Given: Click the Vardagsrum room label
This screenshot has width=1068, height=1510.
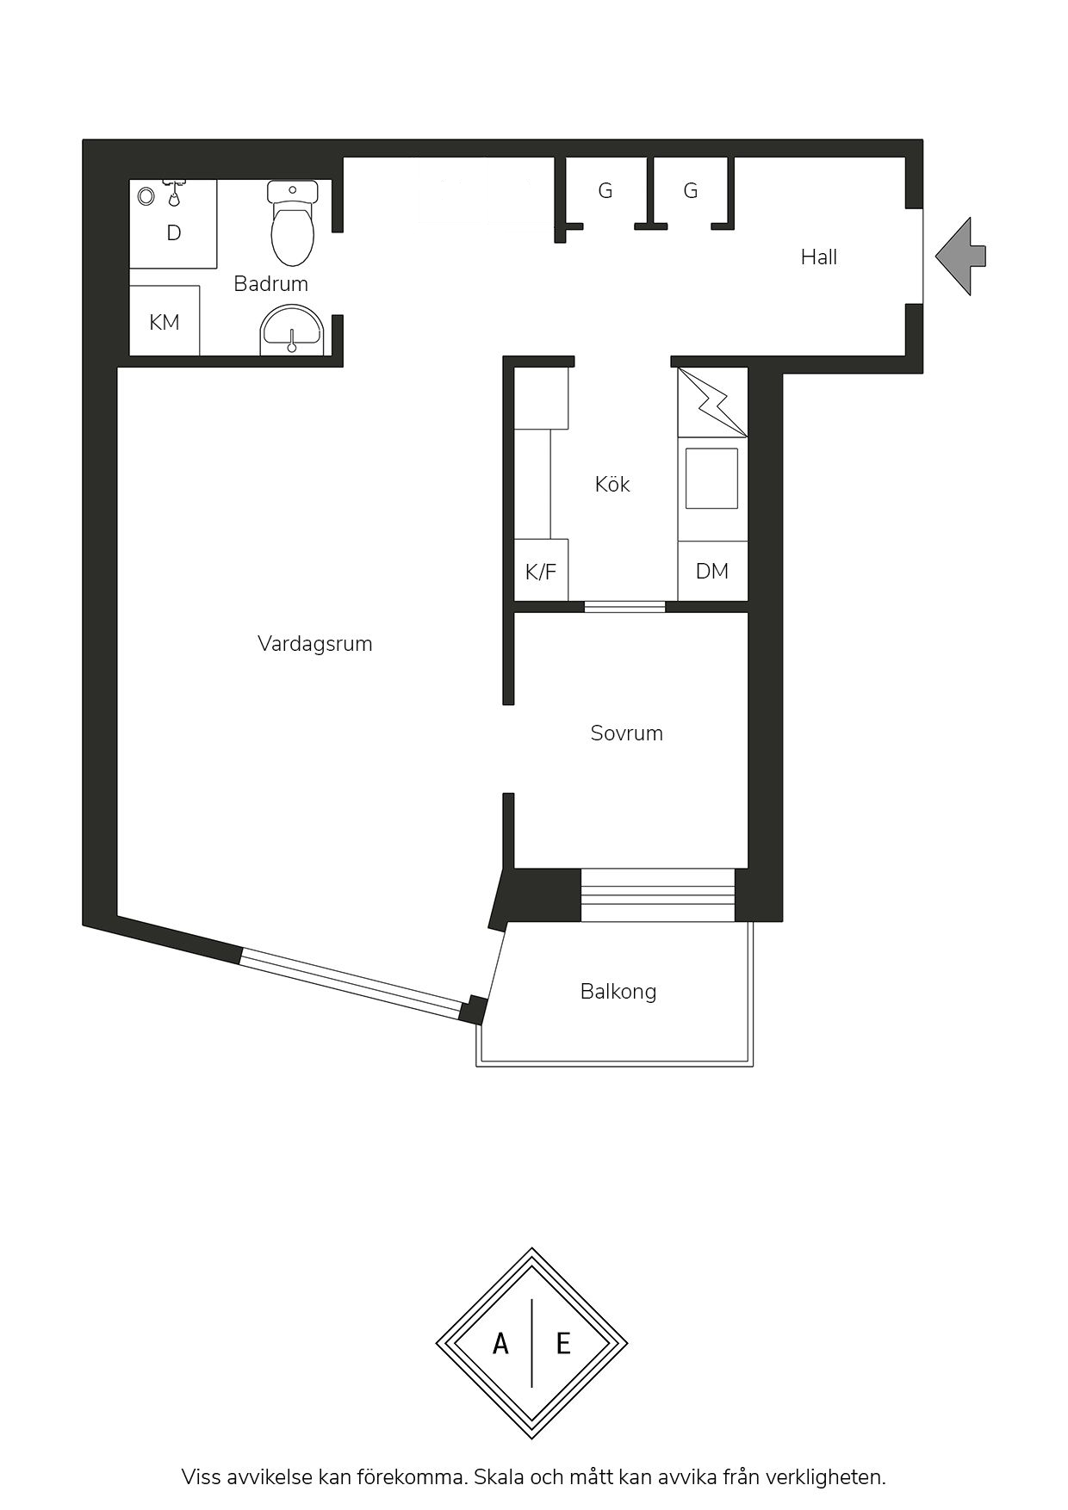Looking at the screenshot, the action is click(314, 644).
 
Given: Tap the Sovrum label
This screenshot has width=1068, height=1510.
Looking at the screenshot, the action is click(626, 733).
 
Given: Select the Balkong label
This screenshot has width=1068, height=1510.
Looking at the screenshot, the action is click(618, 992).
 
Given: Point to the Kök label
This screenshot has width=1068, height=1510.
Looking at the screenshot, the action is click(612, 485).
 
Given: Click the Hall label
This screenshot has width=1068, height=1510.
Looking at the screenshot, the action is click(819, 257).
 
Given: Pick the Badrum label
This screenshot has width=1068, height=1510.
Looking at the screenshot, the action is click(270, 283).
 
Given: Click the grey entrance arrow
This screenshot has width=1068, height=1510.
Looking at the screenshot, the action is click(960, 257).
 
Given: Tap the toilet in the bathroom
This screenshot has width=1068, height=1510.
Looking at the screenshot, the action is click(293, 222).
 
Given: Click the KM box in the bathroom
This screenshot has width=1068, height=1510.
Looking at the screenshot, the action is click(165, 320).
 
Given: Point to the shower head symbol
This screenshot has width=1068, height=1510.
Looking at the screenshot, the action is click(175, 193).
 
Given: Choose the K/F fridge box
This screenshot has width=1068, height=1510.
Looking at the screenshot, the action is click(541, 570).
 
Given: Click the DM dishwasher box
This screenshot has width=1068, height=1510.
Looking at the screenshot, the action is click(712, 570).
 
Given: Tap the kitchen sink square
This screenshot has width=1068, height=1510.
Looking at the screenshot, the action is click(711, 478).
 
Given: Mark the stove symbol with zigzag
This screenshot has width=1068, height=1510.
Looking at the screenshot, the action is click(712, 402).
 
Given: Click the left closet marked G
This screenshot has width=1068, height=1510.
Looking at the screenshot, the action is click(605, 191).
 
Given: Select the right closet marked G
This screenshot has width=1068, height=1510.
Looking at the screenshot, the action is click(691, 191).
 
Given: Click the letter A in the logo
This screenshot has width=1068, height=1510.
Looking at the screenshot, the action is click(500, 1343).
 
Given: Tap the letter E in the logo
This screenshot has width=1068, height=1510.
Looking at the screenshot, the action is click(563, 1343).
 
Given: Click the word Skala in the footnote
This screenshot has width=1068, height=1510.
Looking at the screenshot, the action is click(500, 1477).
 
